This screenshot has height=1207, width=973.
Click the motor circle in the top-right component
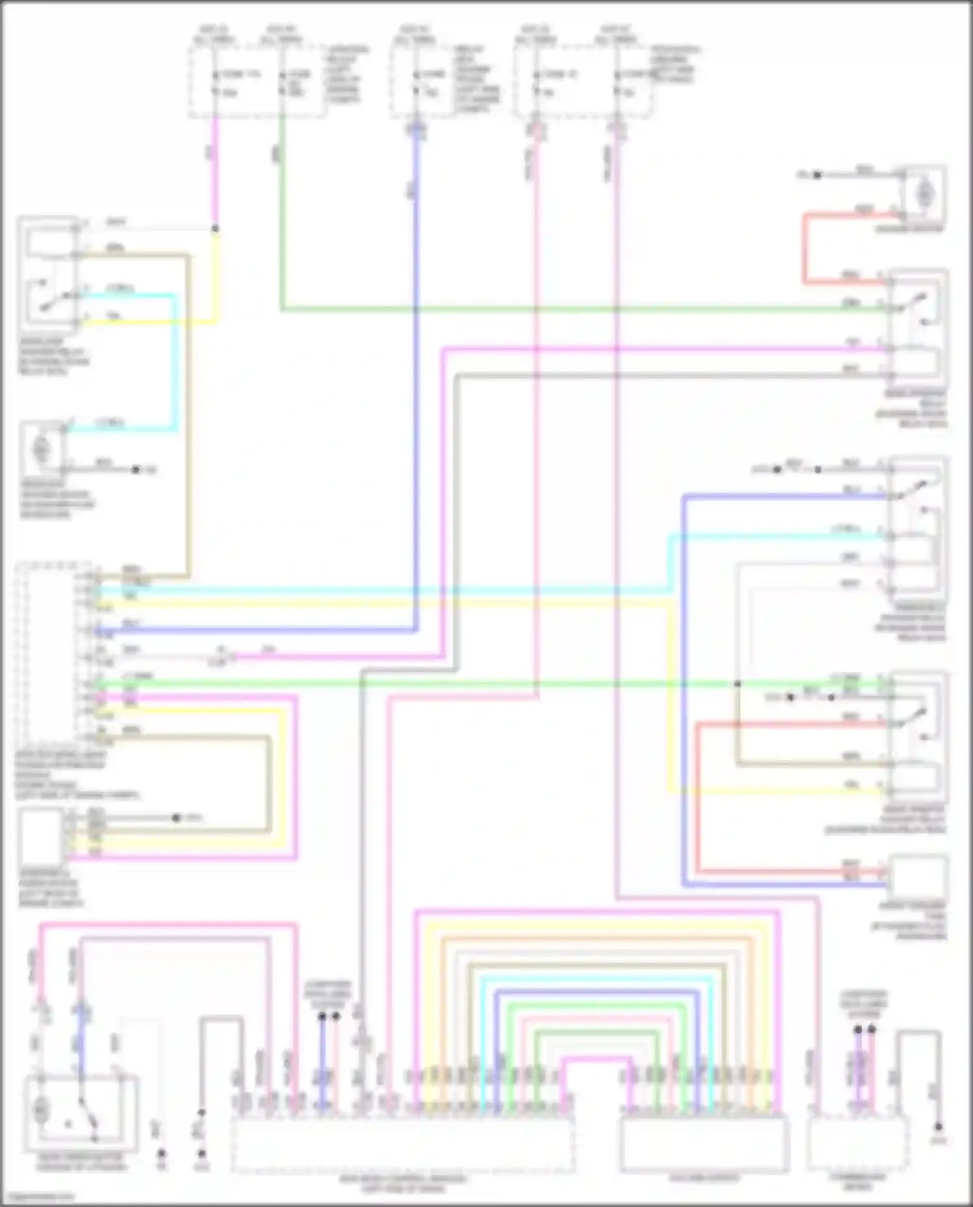(924, 193)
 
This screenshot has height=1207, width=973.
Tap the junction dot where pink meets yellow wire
(215, 228)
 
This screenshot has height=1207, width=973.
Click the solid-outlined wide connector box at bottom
(704, 1145)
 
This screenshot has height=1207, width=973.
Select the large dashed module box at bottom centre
(402, 1145)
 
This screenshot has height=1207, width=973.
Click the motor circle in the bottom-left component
(40, 1111)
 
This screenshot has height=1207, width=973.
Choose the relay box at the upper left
(49, 272)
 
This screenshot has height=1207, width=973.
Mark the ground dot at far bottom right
(938, 1127)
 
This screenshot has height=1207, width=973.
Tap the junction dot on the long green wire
(737, 684)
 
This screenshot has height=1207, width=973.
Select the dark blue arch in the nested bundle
(597, 992)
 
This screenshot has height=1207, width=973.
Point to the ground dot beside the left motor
(136, 469)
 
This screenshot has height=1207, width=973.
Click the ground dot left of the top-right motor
(817, 175)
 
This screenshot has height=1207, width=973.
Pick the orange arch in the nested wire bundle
(597, 938)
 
